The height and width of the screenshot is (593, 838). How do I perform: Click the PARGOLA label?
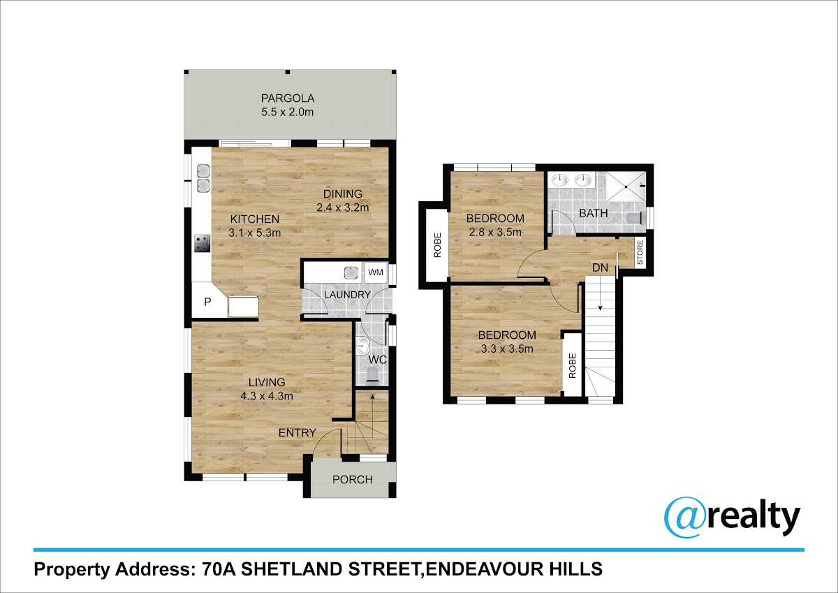point(287,98)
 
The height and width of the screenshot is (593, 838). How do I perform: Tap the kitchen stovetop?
point(202,243)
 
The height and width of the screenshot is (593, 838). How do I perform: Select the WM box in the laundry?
point(376,272)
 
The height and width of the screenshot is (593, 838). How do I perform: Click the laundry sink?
point(351,272)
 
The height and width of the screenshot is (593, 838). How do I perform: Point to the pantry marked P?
point(207,302)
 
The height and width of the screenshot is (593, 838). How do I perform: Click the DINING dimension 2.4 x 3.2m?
point(343,207)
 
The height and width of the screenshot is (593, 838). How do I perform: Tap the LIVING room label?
point(267,382)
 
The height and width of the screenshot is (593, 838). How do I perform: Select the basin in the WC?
point(362,346)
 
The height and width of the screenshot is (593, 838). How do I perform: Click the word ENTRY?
point(297,433)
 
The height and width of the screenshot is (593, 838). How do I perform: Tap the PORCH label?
point(353,480)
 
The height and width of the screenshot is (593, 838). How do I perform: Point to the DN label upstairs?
point(600,268)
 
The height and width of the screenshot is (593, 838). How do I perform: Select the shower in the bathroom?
point(626,186)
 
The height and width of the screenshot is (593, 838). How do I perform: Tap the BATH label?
point(594,213)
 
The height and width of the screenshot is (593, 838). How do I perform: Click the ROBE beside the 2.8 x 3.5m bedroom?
point(437,245)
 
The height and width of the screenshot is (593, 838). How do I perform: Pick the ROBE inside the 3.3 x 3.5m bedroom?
point(572,365)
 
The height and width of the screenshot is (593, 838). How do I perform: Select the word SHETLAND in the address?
point(291,569)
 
